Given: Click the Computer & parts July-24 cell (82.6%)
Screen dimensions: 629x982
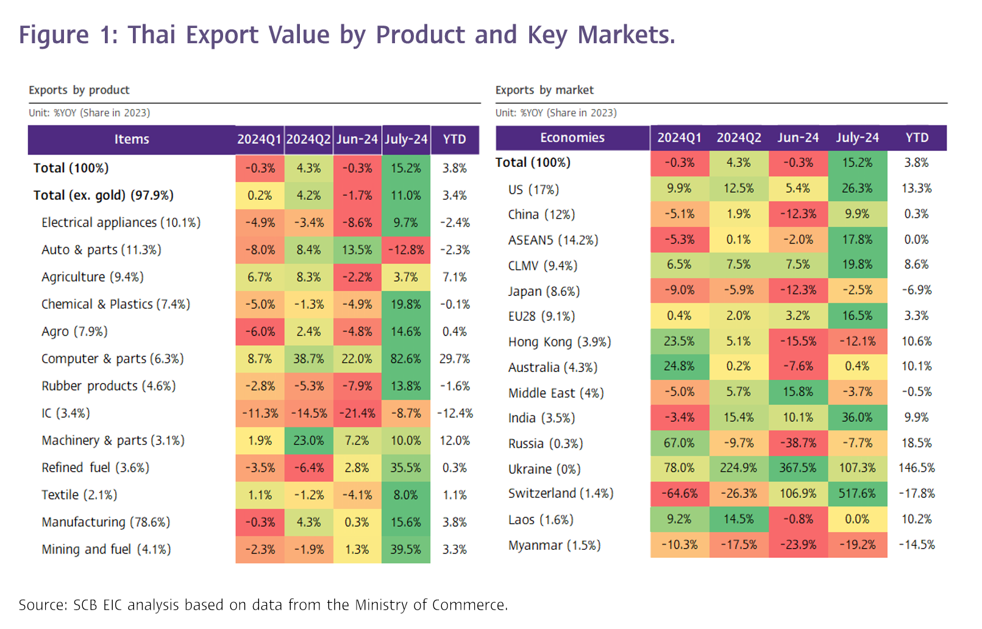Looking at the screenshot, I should [406, 359].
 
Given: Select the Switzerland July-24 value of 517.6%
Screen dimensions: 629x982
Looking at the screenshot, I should [857, 493].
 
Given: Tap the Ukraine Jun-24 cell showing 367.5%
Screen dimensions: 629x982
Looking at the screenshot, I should [798, 468].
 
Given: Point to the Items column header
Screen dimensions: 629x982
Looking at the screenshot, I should [132, 139].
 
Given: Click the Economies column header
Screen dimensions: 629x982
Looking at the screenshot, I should [572, 138].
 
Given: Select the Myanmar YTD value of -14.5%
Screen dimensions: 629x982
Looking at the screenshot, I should [916, 544].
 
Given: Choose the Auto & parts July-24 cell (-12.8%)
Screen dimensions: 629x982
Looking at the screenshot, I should [406, 250].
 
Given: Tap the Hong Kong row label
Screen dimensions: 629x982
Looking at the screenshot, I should [560, 342].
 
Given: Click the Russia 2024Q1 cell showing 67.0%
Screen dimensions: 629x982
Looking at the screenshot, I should [679, 443].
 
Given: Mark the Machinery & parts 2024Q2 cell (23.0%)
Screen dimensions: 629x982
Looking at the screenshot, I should [308, 440].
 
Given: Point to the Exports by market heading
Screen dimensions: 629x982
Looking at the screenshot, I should [544, 90].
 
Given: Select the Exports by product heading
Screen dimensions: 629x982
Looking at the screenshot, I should [79, 90].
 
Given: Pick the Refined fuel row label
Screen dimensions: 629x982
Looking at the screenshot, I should [95, 468].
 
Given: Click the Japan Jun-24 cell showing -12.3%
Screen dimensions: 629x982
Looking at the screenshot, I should [798, 290].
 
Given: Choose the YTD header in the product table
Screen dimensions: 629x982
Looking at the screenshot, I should [454, 139].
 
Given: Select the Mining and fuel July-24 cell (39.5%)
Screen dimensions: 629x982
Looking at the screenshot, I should [406, 549].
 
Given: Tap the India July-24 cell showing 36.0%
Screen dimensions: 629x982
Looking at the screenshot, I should [857, 417].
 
